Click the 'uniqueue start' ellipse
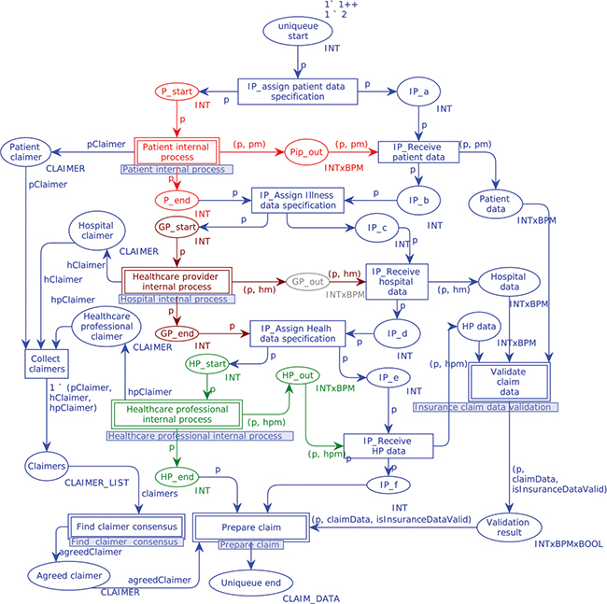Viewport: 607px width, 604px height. [298, 31]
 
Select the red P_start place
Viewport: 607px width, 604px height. [176, 91]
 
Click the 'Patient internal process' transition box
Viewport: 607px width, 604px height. [176, 151]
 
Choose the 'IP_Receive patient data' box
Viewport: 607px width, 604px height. [419, 151]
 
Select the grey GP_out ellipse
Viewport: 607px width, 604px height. [308, 280]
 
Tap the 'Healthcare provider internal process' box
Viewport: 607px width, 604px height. [176, 280]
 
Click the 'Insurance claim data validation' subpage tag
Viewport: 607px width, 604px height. [486, 407]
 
